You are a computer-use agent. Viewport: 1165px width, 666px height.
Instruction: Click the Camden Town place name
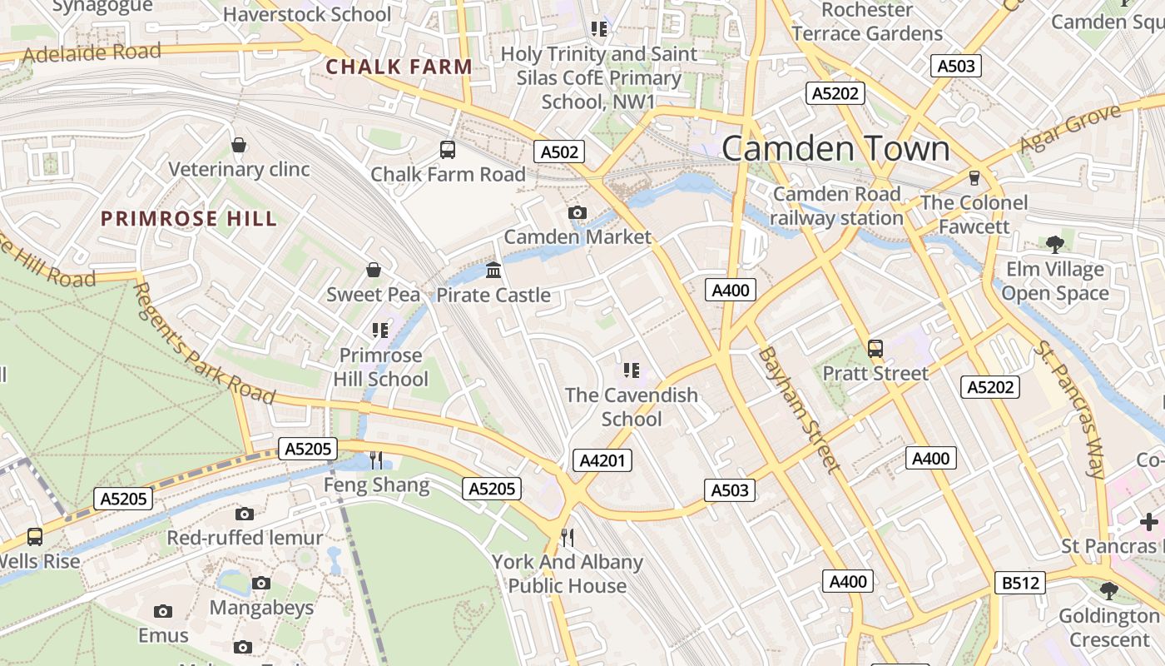click(x=835, y=149)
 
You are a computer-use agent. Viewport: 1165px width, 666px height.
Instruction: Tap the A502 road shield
click(x=559, y=152)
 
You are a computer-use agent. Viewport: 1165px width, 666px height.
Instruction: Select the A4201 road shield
click(x=602, y=460)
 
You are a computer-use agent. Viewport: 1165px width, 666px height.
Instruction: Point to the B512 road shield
click(x=1020, y=583)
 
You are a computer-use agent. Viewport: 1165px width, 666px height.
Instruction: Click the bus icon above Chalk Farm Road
click(x=448, y=150)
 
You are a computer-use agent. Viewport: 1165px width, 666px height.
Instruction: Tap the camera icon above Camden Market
click(x=578, y=213)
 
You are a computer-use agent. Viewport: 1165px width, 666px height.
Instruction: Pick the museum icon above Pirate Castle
click(x=493, y=271)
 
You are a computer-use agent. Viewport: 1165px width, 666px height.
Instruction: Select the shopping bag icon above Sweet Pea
click(x=374, y=270)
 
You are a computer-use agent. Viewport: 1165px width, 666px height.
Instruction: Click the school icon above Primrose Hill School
click(x=380, y=331)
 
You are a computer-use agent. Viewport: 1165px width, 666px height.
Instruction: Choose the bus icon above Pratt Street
click(x=875, y=349)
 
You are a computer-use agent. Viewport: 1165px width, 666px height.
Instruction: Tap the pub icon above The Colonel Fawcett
click(x=974, y=178)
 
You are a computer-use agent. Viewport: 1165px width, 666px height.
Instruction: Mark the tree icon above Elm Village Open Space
click(x=1055, y=245)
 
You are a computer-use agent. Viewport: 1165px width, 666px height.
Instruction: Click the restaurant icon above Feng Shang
click(x=376, y=460)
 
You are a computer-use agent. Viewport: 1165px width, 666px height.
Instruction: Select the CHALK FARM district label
click(x=399, y=67)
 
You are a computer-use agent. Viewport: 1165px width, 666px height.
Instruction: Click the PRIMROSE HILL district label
click(x=188, y=219)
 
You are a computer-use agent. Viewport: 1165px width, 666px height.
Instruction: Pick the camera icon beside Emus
click(x=163, y=612)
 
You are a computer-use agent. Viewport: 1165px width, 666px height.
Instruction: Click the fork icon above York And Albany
click(x=568, y=537)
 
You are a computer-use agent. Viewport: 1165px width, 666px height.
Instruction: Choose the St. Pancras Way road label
click(x=1070, y=409)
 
